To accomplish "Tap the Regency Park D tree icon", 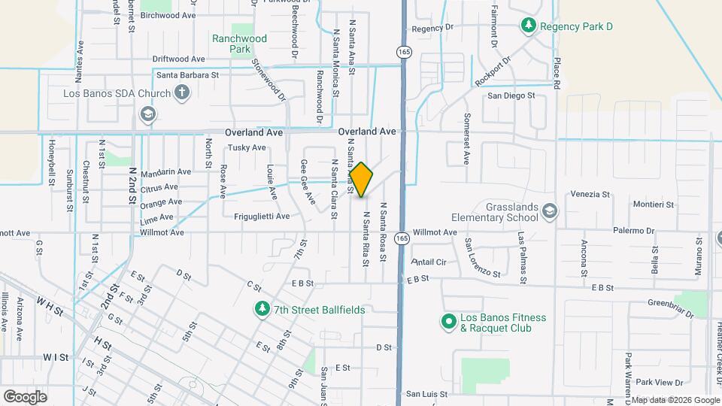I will click(x=529, y=26).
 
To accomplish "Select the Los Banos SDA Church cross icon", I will click(x=181, y=93).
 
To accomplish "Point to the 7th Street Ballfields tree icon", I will click(x=262, y=309).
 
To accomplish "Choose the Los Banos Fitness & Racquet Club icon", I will click(x=448, y=322).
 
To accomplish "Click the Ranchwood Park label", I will click(x=239, y=44).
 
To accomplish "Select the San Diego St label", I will click(x=511, y=95).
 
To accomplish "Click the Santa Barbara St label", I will click(x=187, y=75).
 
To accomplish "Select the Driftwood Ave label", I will click(x=178, y=59).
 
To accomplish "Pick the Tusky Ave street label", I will click(x=247, y=148).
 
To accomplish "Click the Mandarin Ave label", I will click(x=165, y=172).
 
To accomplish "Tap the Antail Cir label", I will click(x=429, y=262).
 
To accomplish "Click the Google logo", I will click(x=25, y=396).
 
